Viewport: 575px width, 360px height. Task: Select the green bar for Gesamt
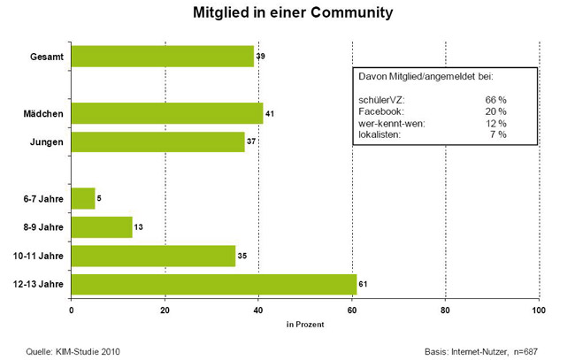tap(162, 57)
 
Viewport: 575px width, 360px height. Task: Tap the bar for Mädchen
tap(166, 113)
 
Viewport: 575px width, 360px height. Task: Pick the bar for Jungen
tap(157, 142)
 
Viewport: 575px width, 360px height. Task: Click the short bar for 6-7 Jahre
tap(82, 198)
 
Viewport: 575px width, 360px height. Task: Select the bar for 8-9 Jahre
tap(101, 227)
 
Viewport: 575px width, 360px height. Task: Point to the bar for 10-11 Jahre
tap(152, 256)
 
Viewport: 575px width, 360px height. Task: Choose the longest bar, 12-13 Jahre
tap(213, 284)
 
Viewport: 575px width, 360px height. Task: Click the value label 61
tap(364, 285)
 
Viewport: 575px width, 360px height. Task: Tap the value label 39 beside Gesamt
tap(261, 57)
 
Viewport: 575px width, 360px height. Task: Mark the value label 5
tap(99, 199)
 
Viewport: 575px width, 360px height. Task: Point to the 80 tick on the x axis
tap(445, 310)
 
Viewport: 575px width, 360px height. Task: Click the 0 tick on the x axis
tap(71, 310)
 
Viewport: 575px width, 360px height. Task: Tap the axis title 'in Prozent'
tap(304, 324)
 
